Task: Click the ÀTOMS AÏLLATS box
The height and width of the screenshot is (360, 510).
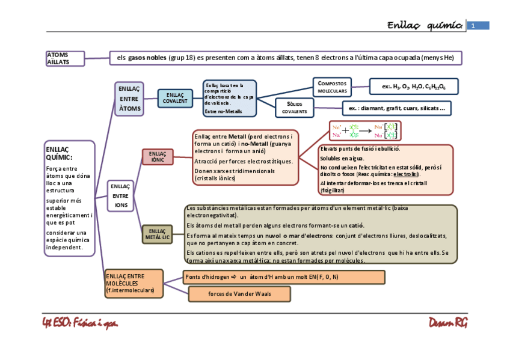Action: (x=65, y=58)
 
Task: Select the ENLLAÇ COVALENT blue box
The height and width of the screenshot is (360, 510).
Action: (x=175, y=98)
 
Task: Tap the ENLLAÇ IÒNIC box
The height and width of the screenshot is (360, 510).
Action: (x=158, y=157)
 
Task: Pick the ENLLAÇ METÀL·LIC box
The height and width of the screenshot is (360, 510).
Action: (x=157, y=234)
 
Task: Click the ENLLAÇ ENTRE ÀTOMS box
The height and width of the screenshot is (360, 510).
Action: (x=129, y=99)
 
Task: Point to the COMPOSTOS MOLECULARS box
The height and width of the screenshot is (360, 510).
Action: (x=332, y=87)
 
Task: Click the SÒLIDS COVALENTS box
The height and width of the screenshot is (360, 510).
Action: (x=294, y=108)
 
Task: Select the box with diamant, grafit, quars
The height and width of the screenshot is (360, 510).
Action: (x=396, y=108)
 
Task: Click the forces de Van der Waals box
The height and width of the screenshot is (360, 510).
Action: (x=239, y=294)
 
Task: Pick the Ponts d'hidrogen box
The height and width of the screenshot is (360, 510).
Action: (x=284, y=276)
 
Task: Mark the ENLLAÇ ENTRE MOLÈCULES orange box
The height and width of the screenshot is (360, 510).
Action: (x=134, y=283)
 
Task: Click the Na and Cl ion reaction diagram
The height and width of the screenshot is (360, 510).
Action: (x=364, y=131)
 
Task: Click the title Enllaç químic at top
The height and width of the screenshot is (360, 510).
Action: (x=425, y=25)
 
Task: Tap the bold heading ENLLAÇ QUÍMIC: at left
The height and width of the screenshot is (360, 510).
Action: (x=58, y=153)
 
